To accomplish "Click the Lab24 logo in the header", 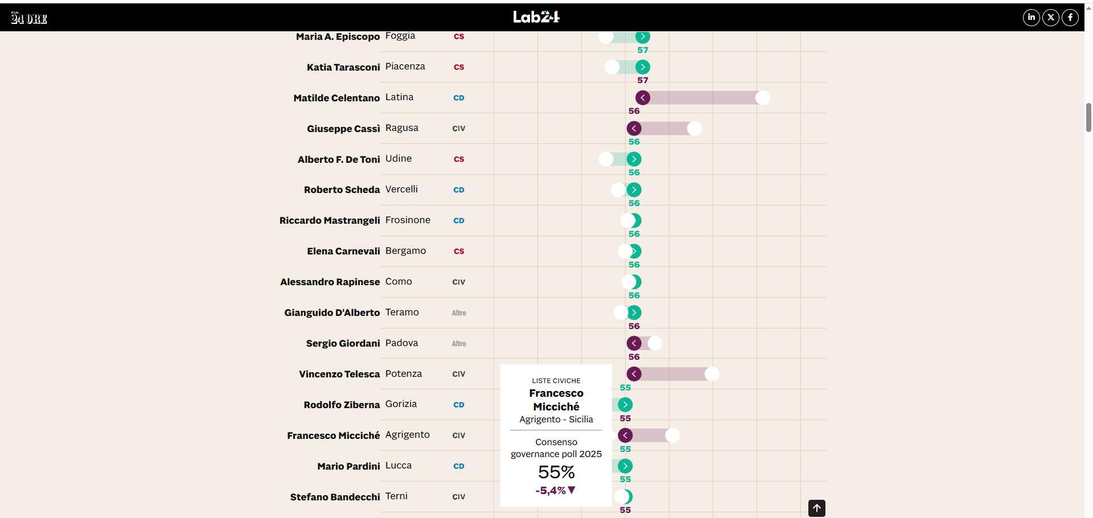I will [x=536, y=17].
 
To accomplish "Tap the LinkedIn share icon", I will [x=1031, y=18].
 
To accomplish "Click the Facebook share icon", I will [x=1070, y=18].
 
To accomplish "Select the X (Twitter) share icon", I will [x=1050, y=18].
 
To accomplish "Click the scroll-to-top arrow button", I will [x=816, y=508].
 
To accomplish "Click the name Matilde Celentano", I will [x=336, y=98].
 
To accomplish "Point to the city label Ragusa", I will [x=401, y=128].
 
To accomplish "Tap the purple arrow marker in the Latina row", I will [x=643, y=98].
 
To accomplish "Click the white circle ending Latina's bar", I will [x=762, y=98].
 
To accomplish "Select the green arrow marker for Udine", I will [x=634, y=159].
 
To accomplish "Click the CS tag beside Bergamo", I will [x=459, y=251].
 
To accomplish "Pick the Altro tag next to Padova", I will [x=459, y=344].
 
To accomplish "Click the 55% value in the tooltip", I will [x=556, y=472].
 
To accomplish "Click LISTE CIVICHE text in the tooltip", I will [x=556, y=381].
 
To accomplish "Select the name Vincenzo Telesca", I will [x=339, y=374].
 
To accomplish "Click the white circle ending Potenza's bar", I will [x=712, y=374].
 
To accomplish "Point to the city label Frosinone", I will [x=408, y=220].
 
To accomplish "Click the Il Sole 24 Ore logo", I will [x=29, y=18].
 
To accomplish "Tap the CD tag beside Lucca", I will [x=459, y=466].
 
